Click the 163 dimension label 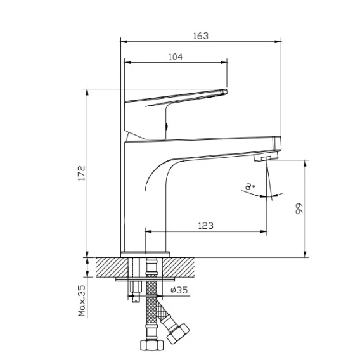coord(201,36)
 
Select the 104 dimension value coord(176,56)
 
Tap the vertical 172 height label coord(82,173)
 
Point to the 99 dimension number coord(299,209)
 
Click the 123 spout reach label coord(205,226)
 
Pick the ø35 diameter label coord(179,290)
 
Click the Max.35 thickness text coord(82,301)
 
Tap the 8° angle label coord(249,186)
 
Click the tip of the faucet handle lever coord(226,91)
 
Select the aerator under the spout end coord(266,157)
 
